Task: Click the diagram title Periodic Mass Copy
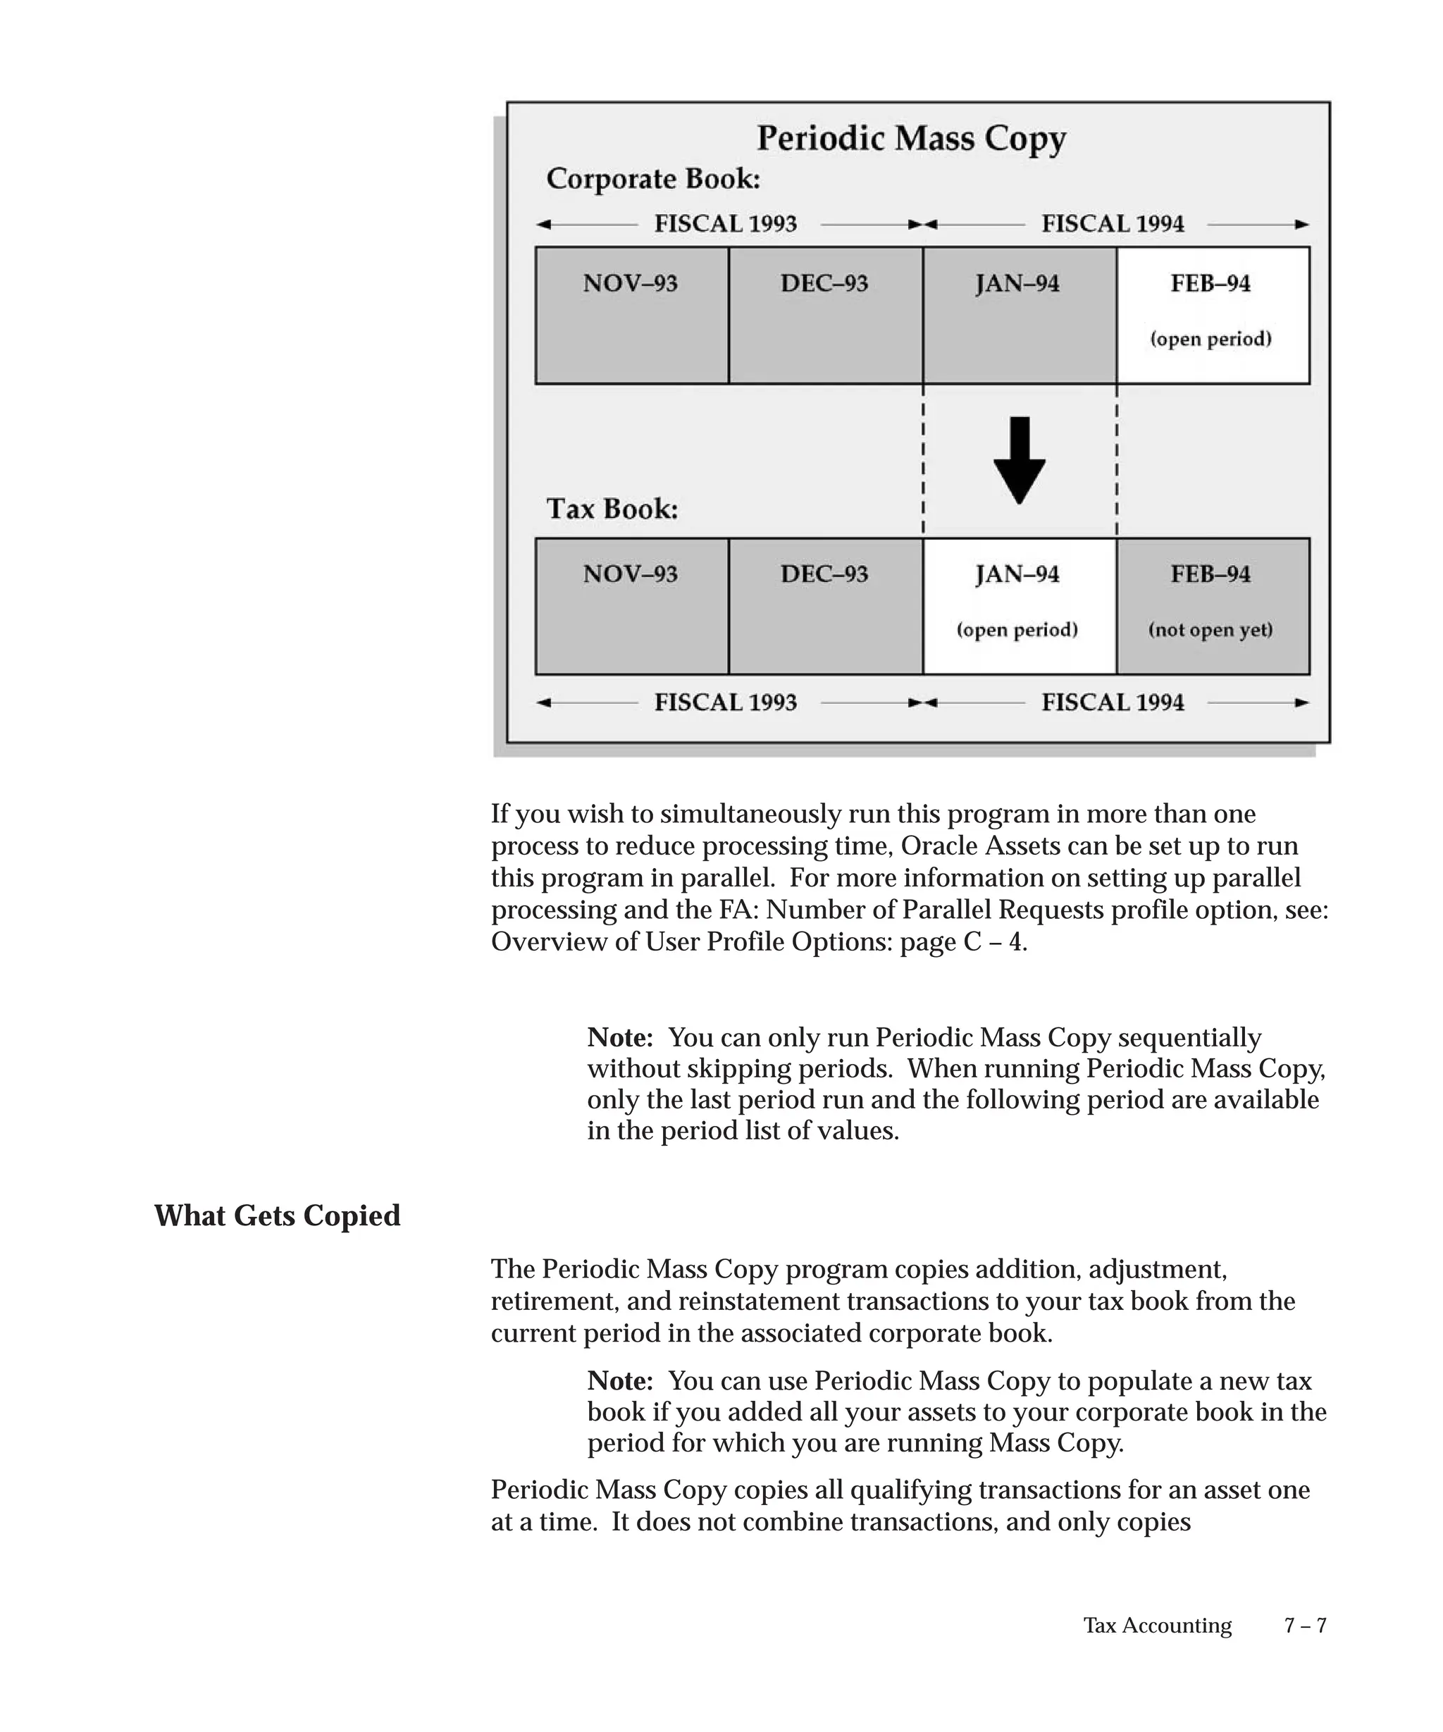(911, 139)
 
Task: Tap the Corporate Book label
(653, 179)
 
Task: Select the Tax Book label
(612, 509)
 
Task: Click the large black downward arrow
(1019, 459)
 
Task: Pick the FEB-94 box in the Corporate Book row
(1213, 315)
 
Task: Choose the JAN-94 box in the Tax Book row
(1019, 606)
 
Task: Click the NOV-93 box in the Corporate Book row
(631, 315)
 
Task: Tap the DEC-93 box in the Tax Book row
(825, 606)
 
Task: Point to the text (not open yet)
(1210, 630)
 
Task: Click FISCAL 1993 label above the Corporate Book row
(726, 223)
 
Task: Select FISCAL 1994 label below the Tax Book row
(1113, 703)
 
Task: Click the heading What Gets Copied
(277, 1216)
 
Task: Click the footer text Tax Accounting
(1157, 1625)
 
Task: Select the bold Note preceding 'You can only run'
(620, 1037)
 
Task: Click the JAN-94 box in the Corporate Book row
(1019, 315)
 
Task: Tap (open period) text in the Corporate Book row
(1210, 339)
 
